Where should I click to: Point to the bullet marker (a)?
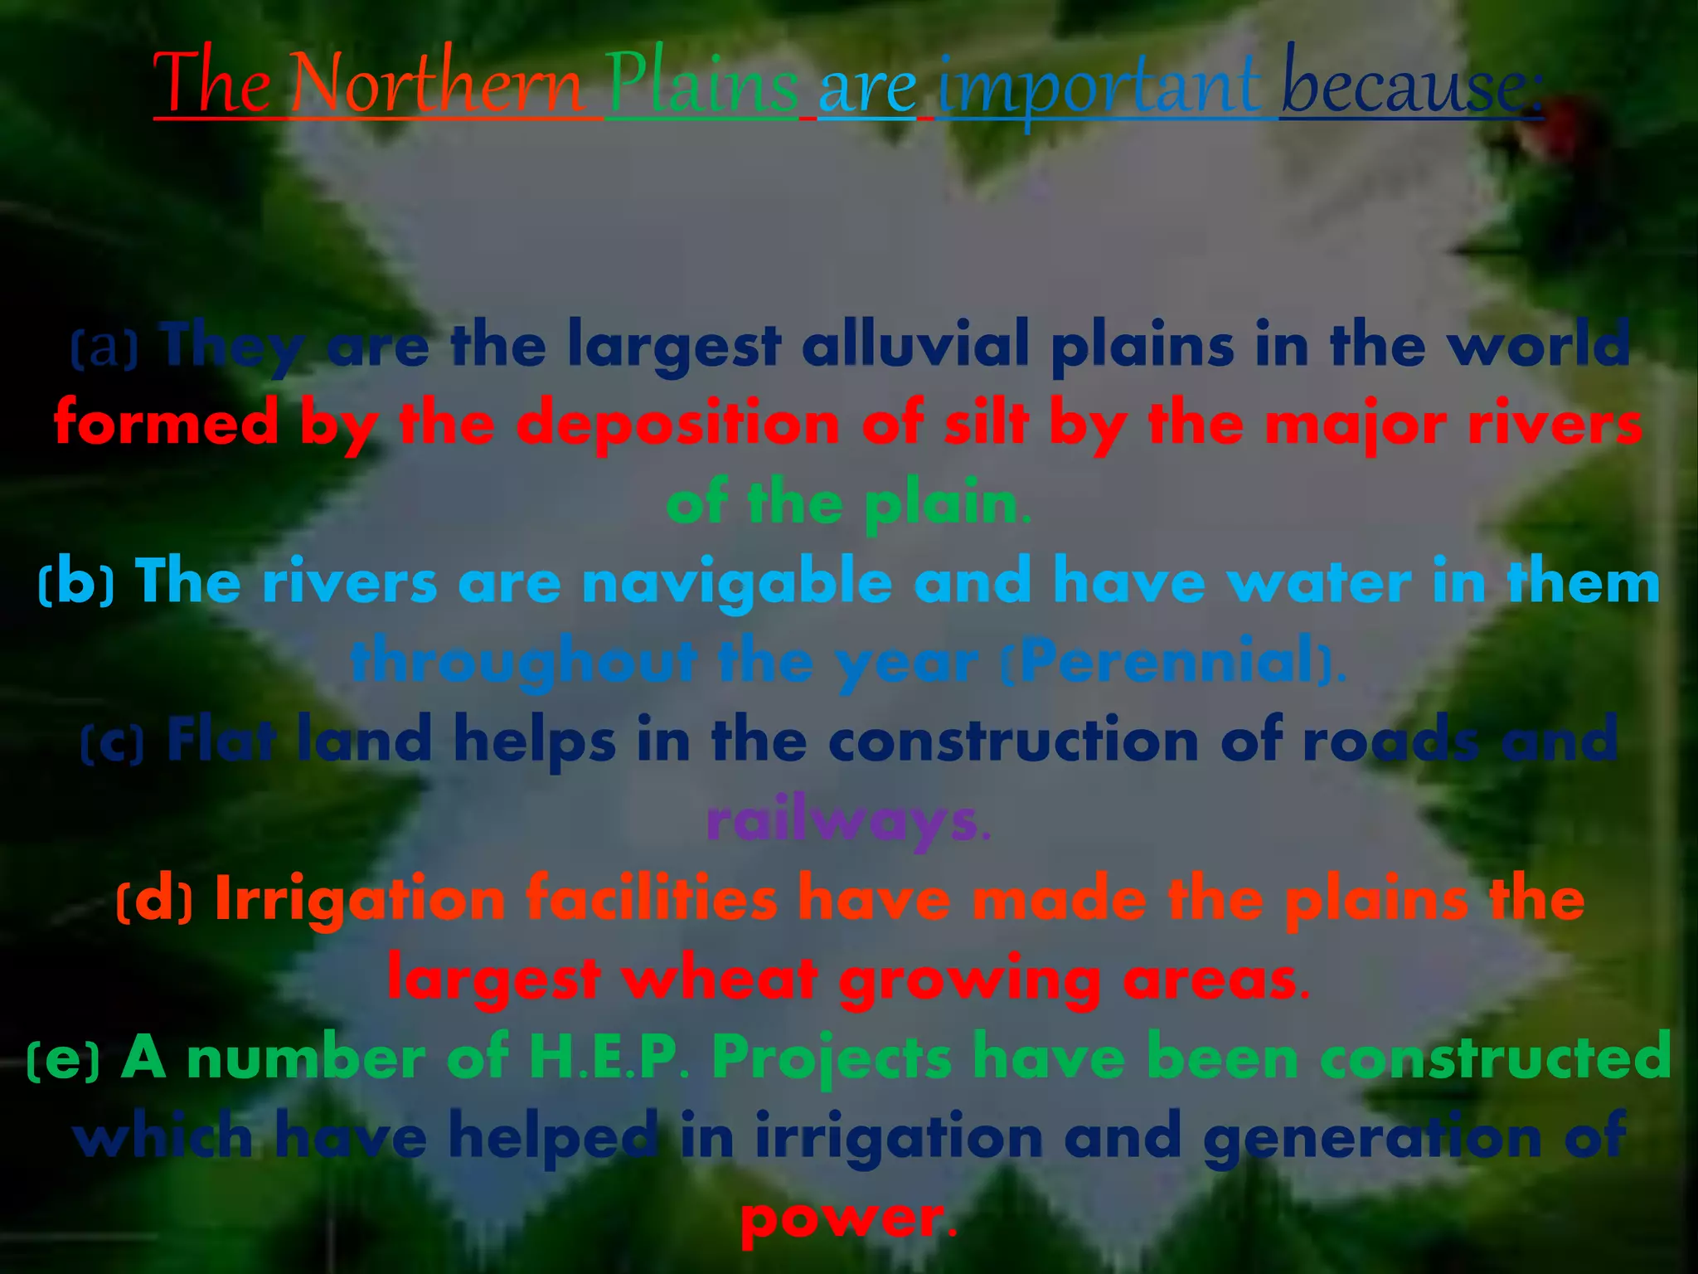coord(104,347)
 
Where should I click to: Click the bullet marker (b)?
coord(76,583)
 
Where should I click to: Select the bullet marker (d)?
coord(154,901)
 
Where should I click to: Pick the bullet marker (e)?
coord(64,1059)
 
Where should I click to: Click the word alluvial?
coord(915,344)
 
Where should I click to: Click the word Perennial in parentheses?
coord(1168,662)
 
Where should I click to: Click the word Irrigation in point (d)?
coord(360,901)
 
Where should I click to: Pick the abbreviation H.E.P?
coord(609,1058)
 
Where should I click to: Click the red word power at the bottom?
coord(842,1218)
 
